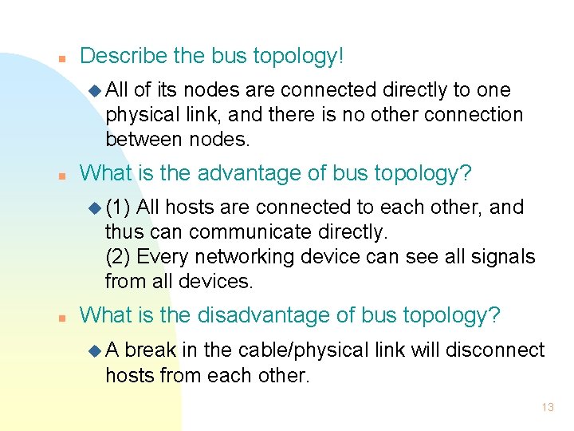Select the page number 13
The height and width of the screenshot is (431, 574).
(547, 407)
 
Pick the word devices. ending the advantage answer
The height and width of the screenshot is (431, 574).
(214, 281)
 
